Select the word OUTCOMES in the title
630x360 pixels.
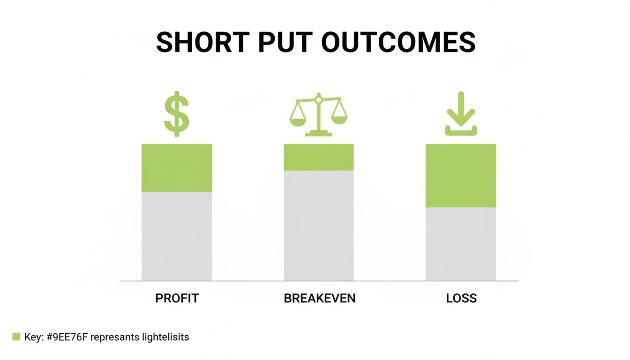[x=398, y=42]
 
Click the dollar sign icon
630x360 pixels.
[x=177, y=114]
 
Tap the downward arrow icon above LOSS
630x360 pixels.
[x=461, y=114]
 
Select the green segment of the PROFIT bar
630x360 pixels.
[x=177, y=168]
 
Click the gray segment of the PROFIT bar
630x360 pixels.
[x=177, y=236]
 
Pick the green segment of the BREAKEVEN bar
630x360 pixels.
[x=319, y=157]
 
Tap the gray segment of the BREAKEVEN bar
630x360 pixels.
[x=319, y=225]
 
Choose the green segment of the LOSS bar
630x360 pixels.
[x=461, y=175]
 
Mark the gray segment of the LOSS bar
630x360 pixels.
[x=461, y=244]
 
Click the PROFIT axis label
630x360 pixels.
[x=177, y=298]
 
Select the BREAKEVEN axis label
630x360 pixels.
[x=320, y=298]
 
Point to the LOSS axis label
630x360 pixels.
[x=462, y=298]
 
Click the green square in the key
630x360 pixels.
[x=16, y=337]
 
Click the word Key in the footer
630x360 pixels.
[x=31, y=337]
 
